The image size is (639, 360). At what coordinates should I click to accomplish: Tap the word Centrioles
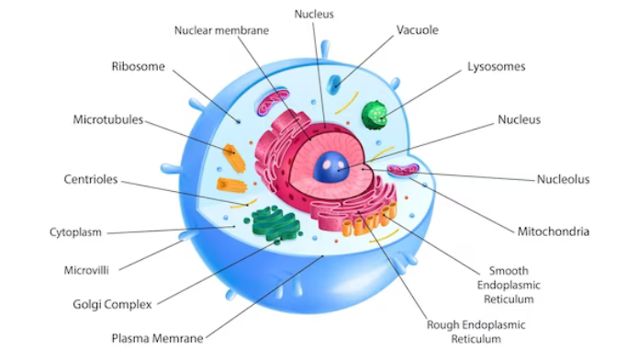90,179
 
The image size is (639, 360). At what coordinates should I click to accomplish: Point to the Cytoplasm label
75,232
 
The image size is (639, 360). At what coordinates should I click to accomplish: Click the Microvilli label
87,271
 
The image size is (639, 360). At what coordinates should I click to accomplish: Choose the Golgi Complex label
112,303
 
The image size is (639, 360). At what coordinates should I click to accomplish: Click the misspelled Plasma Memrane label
157,337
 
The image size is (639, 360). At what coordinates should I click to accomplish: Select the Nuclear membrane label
221,30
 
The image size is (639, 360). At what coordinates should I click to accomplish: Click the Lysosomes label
497,67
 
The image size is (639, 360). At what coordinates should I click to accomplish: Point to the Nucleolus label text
563,179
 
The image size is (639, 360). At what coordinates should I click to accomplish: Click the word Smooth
508,271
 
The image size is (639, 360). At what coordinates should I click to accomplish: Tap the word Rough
444,324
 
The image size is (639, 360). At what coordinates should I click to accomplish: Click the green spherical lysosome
375,114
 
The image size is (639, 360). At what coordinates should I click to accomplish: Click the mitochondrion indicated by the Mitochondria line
402,170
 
